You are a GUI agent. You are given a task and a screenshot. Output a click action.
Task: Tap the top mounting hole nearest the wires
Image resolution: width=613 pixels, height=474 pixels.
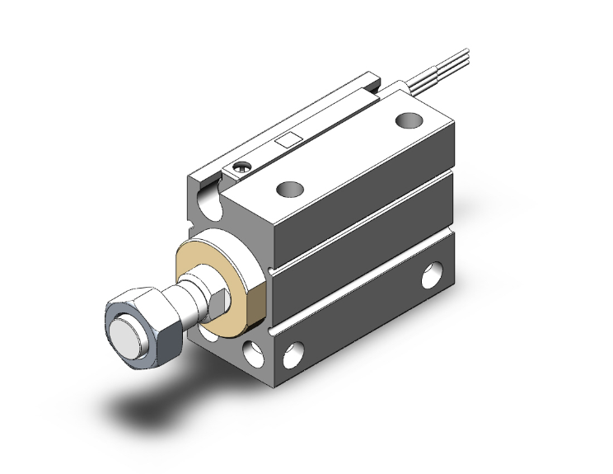[406, 120]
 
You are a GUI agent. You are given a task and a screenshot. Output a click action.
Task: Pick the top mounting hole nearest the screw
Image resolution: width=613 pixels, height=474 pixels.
[289, 190]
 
